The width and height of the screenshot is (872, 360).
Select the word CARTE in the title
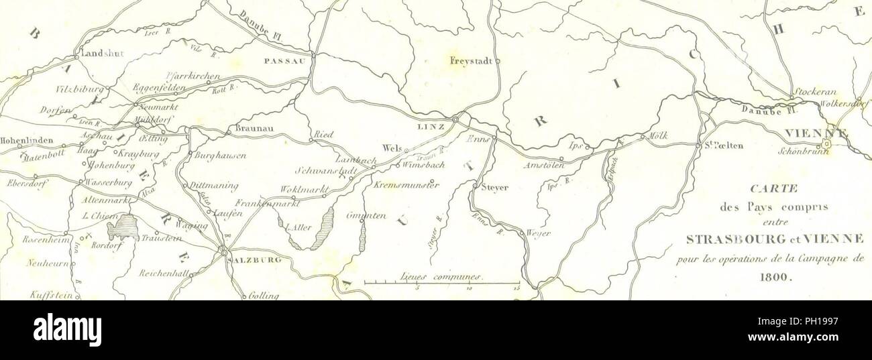tap(777, 190)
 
